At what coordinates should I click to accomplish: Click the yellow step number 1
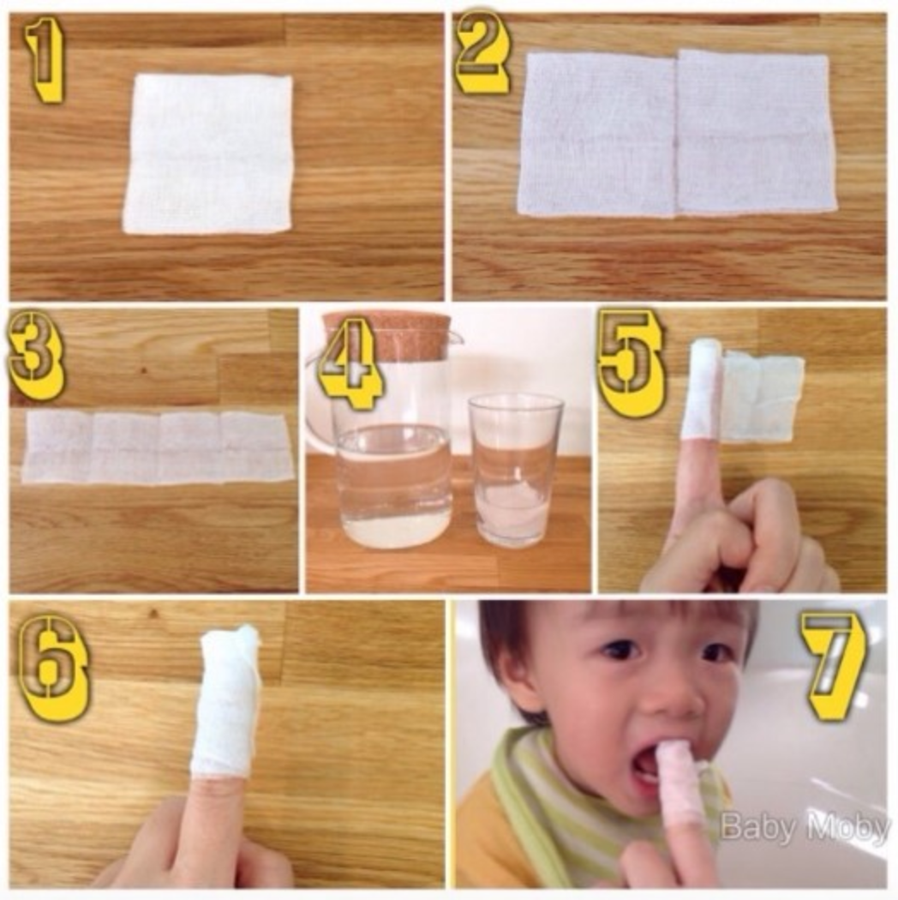45,60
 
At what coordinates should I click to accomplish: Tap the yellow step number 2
482,53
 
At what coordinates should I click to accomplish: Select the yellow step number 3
36,356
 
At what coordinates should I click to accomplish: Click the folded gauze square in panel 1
208,153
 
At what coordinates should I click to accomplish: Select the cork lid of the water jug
387,333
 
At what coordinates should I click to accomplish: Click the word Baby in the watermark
753,827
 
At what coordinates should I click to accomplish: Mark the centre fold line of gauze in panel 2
677,133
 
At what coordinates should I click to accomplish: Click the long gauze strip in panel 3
158,447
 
